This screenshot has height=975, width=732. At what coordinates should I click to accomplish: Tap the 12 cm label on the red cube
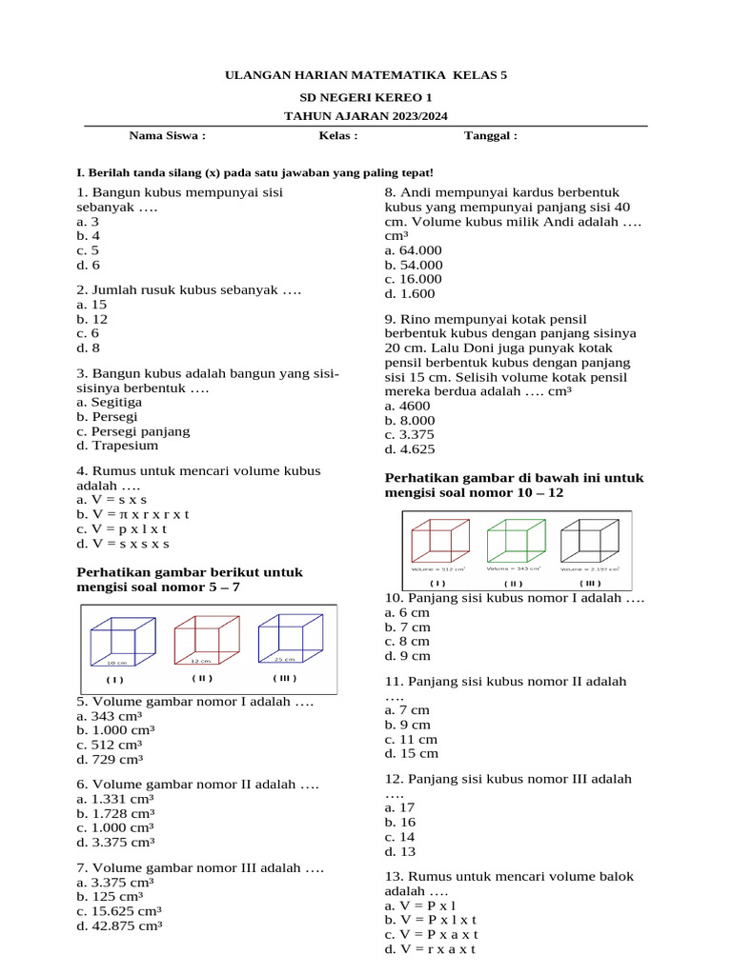click(x=201, y=660)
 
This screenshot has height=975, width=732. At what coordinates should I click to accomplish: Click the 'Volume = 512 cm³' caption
click(x=437, y=568)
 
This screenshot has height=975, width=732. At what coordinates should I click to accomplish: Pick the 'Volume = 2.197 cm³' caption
click(x=589, y=568)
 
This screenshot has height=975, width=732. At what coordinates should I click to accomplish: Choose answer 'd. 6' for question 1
click(x=89, y=265)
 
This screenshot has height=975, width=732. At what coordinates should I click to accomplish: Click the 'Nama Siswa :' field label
click(x=167, y=135)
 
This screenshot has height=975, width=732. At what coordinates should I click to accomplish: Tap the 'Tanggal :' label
click(x=490, y=135)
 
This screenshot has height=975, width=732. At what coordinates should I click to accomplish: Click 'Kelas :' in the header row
click(x=337, y=135)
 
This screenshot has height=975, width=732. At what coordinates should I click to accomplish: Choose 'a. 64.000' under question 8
click(x=414, y=250)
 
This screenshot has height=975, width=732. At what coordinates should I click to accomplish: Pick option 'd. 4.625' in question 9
click(x=410, y=449)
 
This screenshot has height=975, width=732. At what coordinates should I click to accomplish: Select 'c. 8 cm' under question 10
click(x=407, y=641)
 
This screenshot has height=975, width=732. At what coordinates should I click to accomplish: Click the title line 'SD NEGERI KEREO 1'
click(x=365, y=97)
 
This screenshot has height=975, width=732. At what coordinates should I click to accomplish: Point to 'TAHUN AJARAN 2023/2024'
click(x=365, y=115)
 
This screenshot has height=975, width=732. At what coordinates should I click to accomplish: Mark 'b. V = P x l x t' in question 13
click(x=431, y=920)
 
